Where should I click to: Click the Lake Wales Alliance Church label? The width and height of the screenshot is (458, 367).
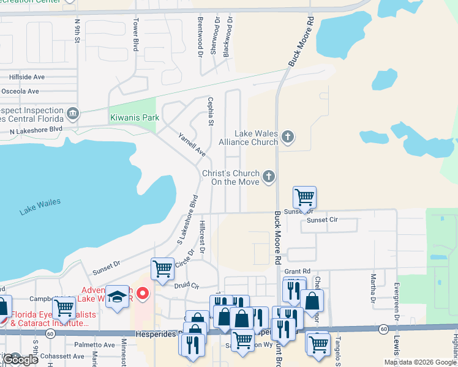248,138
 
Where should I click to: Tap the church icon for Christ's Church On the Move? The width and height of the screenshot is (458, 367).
268,177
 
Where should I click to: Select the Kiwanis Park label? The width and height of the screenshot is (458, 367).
134,117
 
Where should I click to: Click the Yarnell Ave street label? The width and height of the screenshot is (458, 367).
192,144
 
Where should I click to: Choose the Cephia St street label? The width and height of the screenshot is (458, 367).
211,111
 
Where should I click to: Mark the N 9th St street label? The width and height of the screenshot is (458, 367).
78,31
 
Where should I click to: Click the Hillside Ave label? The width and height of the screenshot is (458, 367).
27,77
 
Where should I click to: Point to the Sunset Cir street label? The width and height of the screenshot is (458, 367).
323,220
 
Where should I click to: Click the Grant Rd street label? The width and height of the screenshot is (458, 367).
298,271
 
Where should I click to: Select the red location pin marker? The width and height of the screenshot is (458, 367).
143,294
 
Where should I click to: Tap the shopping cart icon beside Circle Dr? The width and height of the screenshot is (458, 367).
162,269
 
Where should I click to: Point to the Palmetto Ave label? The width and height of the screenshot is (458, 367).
94,344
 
